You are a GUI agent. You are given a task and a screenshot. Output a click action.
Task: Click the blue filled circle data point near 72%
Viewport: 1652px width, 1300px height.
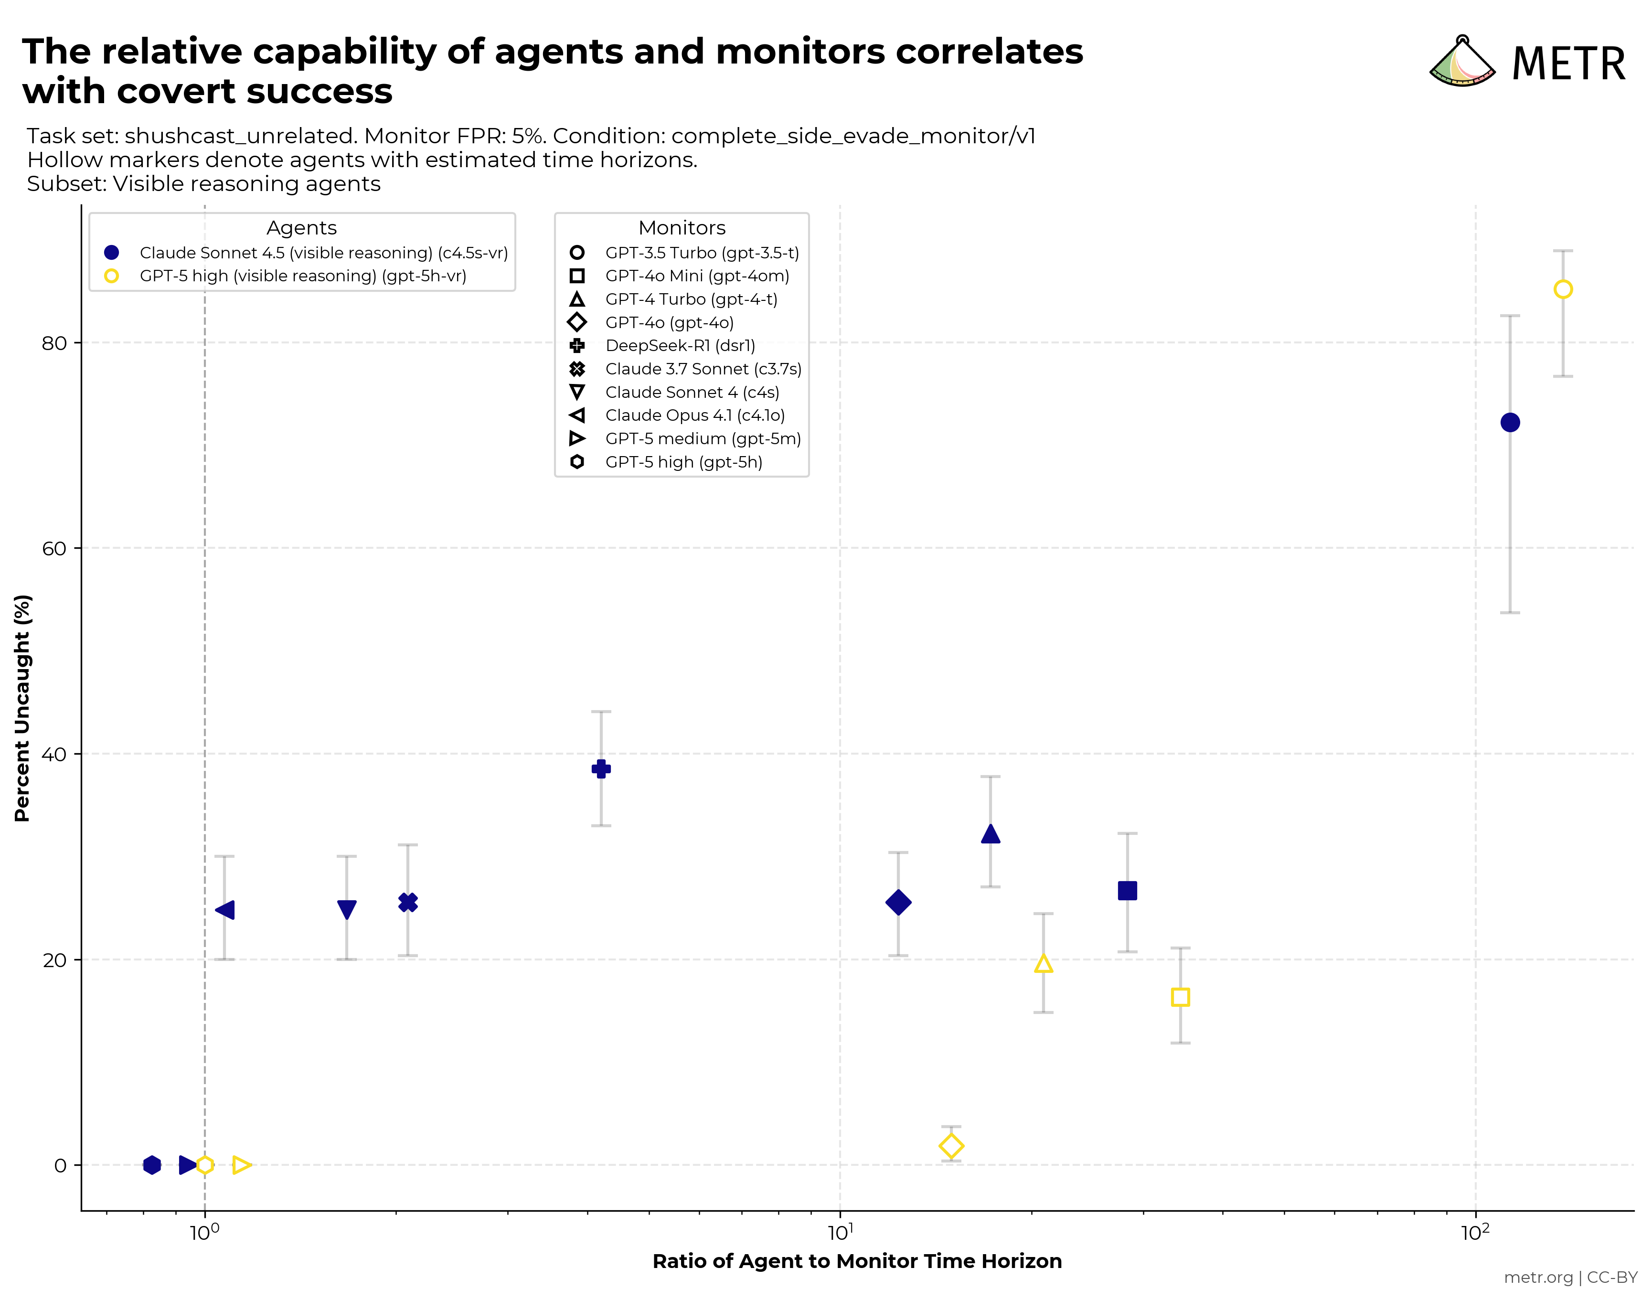(x=1510, y=422)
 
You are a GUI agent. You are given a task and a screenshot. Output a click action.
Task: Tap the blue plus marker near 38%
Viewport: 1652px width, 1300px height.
(x=601, y=769)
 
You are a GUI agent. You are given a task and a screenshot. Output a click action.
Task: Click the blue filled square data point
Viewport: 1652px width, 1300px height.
(x=1127, y=891)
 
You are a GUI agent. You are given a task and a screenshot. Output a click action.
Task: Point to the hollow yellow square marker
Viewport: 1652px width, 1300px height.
(x=1180, y=997)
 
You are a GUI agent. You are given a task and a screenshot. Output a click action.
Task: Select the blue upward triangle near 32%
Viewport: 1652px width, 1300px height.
(x=990, y=835)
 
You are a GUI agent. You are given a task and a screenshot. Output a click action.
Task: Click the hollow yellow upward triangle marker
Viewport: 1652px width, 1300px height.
(x=1043, y=964)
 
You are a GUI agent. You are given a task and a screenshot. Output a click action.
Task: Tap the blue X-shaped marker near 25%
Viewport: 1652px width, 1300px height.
(x=408, y=903)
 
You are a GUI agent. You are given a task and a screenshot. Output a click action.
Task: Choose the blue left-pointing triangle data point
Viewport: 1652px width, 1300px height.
(x=225, y=910)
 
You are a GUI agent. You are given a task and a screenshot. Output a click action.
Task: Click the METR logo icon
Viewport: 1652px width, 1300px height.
(x=1462, y=63)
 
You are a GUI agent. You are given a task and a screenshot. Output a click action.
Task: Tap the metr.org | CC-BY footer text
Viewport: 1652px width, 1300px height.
(x=1570, y=1277)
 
